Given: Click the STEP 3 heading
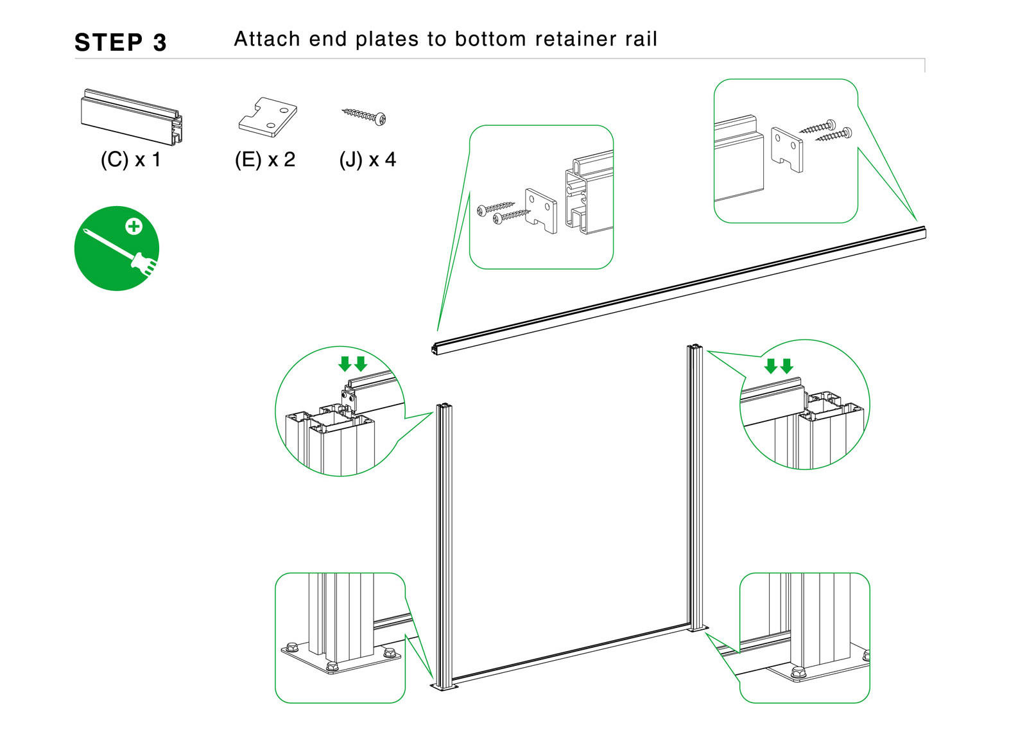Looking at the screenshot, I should pos(121,42).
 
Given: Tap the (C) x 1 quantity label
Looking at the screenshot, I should pos(131,159).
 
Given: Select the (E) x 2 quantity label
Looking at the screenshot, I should pos(265,159).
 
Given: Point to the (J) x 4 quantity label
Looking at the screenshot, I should pos(368,159).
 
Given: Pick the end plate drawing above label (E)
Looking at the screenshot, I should pos(268,117).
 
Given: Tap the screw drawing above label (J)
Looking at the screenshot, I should pos(364,116).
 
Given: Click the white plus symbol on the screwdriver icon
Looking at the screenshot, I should pos(134,226).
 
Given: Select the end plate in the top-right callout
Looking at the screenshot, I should pos(787,150).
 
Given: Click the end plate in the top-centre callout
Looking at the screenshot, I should pos(540,210).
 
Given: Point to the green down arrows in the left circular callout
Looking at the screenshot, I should pos(352,364).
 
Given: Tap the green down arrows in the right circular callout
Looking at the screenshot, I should pos(779,366).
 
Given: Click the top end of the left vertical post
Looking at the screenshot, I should pos(444,407).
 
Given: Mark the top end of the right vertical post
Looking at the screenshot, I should pos(695,349).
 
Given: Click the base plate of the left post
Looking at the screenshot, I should pos(444,687).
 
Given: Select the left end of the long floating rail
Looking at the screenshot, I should pos(436,349).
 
